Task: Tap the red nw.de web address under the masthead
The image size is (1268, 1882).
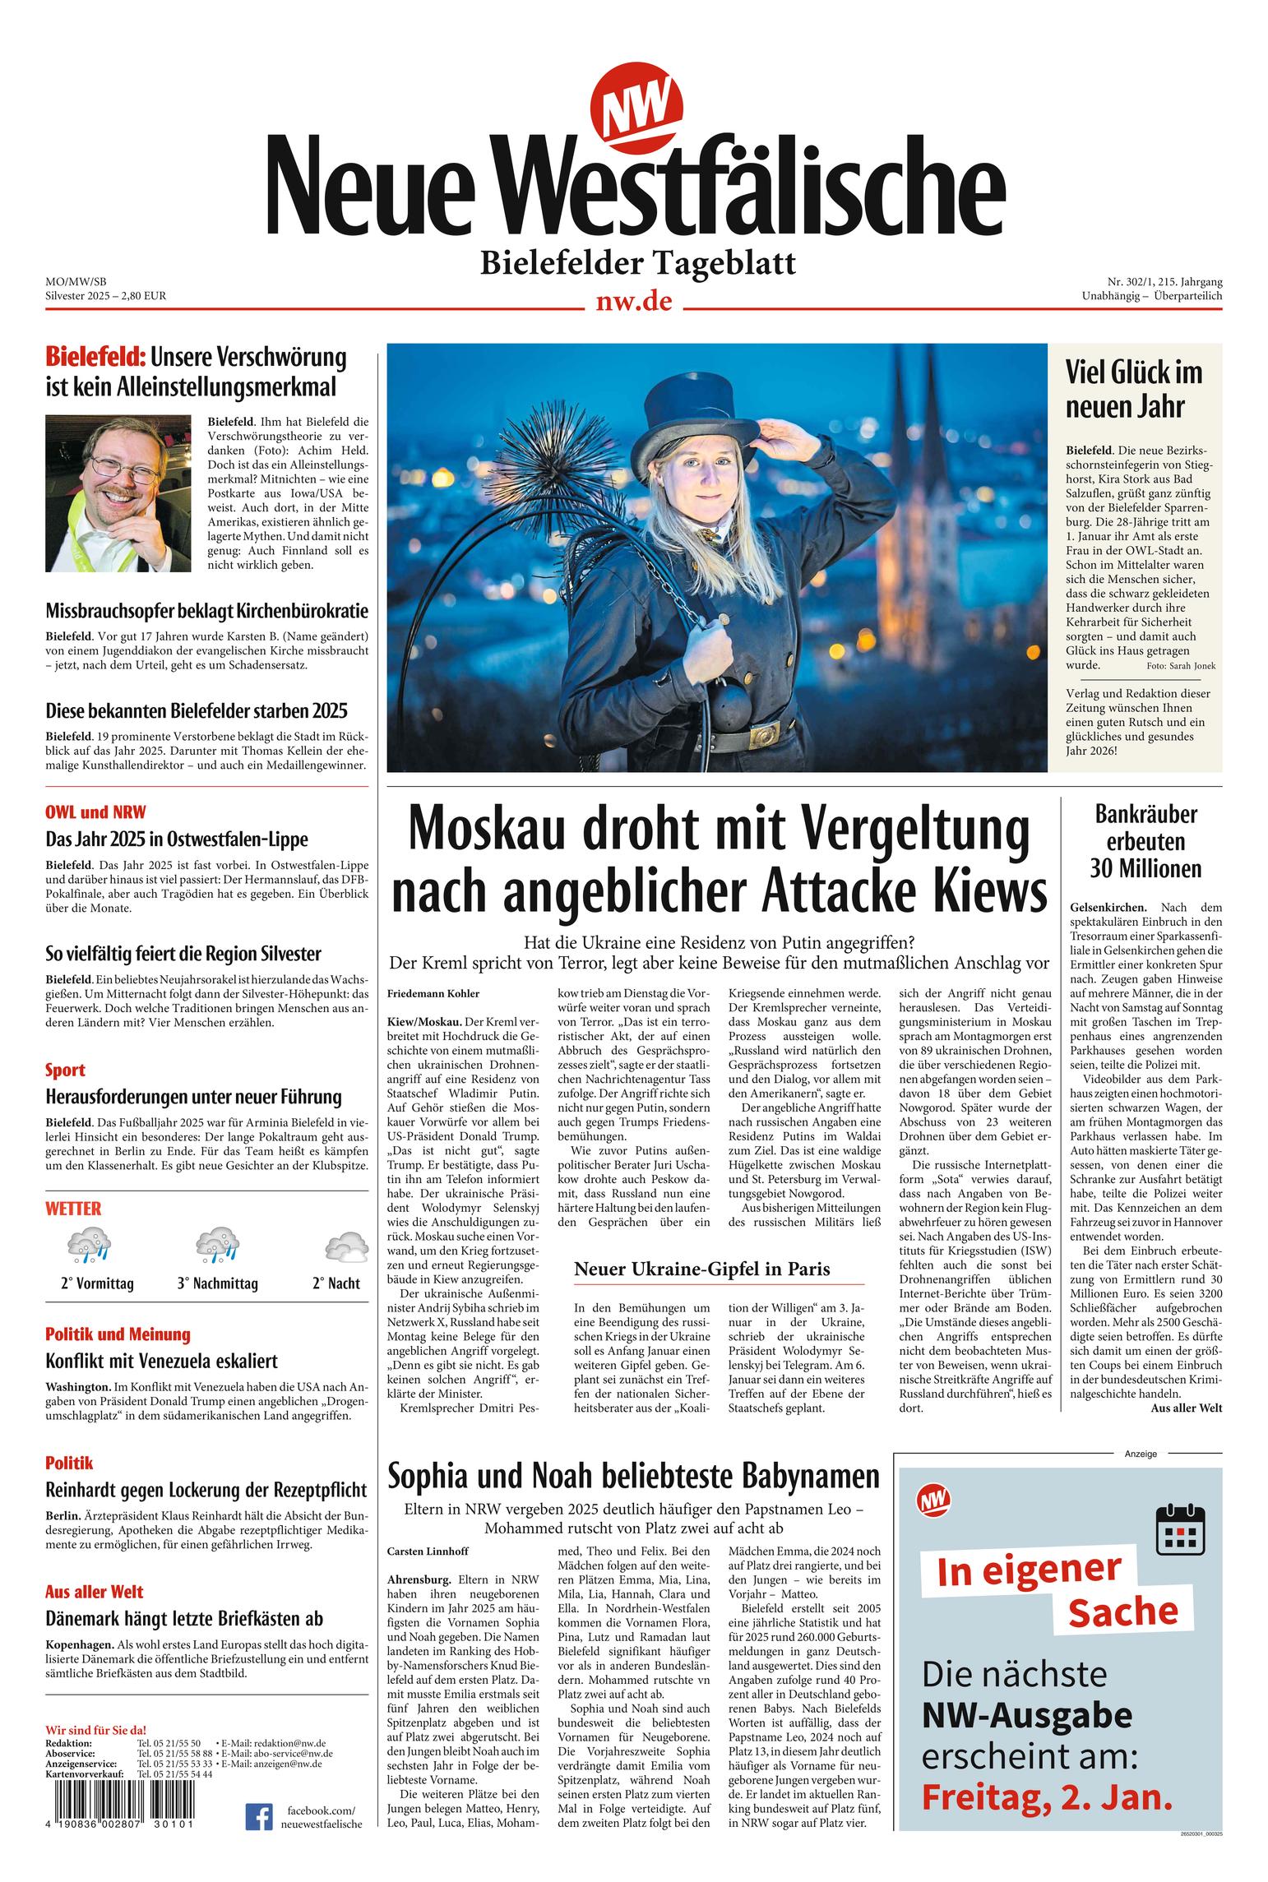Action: click(633, 302)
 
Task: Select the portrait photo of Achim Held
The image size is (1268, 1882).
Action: click(118, 493)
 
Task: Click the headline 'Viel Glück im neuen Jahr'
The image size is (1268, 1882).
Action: click(1134, 389)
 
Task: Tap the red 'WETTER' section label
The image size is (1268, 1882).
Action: click(73, 1208)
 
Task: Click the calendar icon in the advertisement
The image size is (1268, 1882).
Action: click(1180, 1528)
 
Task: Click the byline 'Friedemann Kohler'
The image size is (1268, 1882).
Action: click(433, 994)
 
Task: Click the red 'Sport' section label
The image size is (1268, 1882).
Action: click(65, 1070)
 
